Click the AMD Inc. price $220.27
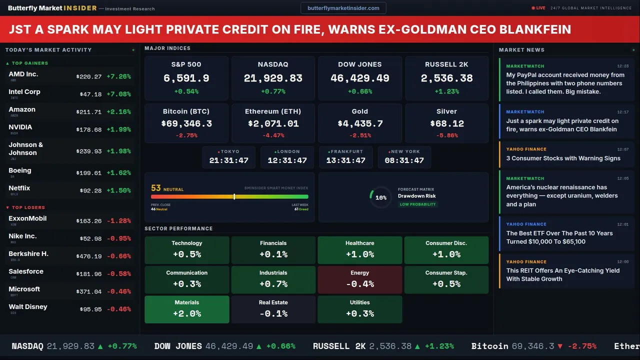tap(89, 77)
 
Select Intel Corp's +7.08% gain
tap(118, 94)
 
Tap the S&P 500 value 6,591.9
tap(186, 78)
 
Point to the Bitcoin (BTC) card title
tap(186, 111)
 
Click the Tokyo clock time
tap(228, 160)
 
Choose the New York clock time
tap(404, 160)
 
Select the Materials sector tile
tap(187, 309)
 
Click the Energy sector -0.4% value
tap(360, 284)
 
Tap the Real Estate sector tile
tap(273, 309)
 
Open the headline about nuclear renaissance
tap(562, 195)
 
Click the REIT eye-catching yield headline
tap(562, 274)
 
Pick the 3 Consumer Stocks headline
tap(563, 158)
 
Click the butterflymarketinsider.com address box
tap(343, 8)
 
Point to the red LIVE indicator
tap(538, 8)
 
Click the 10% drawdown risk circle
tap(380, 197)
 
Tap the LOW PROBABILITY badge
tap(417, 204)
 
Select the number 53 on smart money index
tap(156, 188)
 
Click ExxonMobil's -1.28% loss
tap(118, 221)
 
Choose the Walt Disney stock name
tap(28, 307)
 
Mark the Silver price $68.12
tap(447, 123)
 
